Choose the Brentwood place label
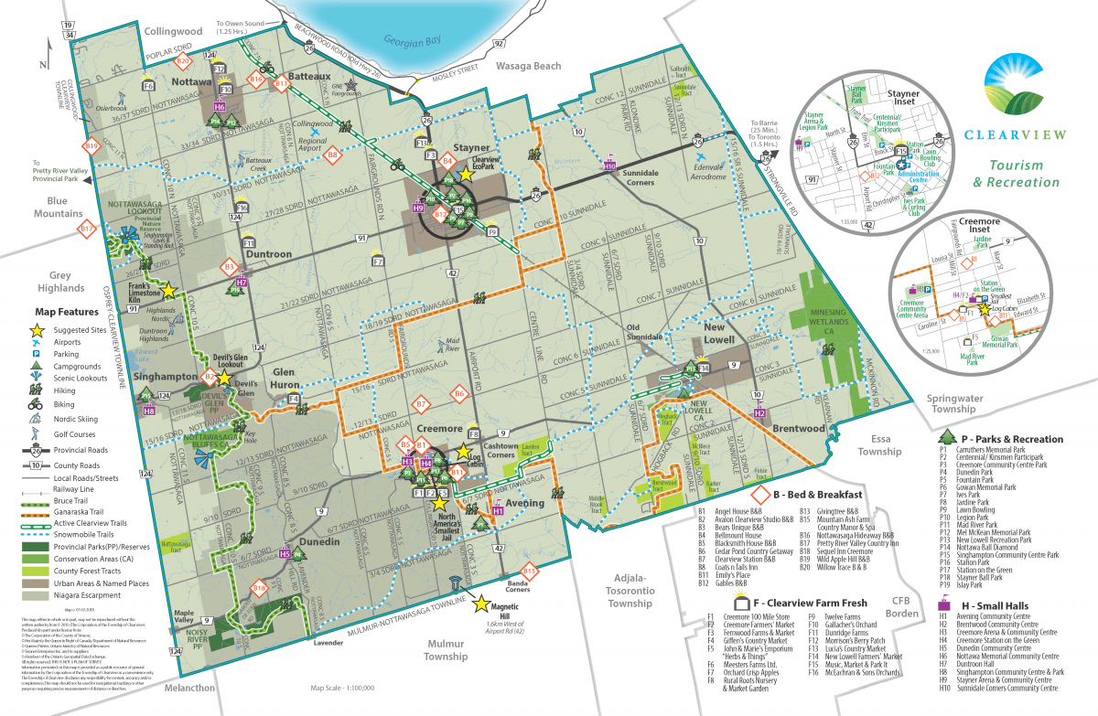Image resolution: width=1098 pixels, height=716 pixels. pos(800,428)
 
